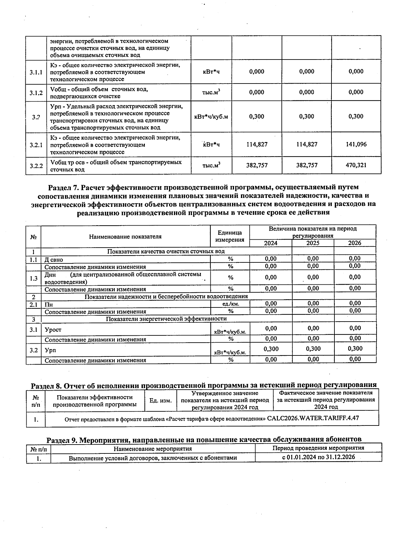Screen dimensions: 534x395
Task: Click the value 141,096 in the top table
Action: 356,144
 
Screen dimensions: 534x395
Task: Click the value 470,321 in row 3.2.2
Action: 356,165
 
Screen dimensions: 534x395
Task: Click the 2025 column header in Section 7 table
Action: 313,243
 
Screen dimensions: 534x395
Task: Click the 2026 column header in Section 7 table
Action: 355,243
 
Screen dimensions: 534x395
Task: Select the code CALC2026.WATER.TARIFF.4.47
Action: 313,418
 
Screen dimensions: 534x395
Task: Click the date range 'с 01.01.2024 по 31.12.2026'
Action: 318,457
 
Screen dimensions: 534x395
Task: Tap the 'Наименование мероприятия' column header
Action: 153,449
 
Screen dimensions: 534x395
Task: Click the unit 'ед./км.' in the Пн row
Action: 231,304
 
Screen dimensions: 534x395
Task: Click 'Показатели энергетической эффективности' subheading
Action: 166,319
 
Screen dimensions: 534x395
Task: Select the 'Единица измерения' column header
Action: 229,236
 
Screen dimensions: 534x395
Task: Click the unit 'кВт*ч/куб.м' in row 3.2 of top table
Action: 211,117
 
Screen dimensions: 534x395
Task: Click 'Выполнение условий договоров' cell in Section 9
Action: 153,458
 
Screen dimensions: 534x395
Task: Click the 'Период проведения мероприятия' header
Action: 318,448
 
